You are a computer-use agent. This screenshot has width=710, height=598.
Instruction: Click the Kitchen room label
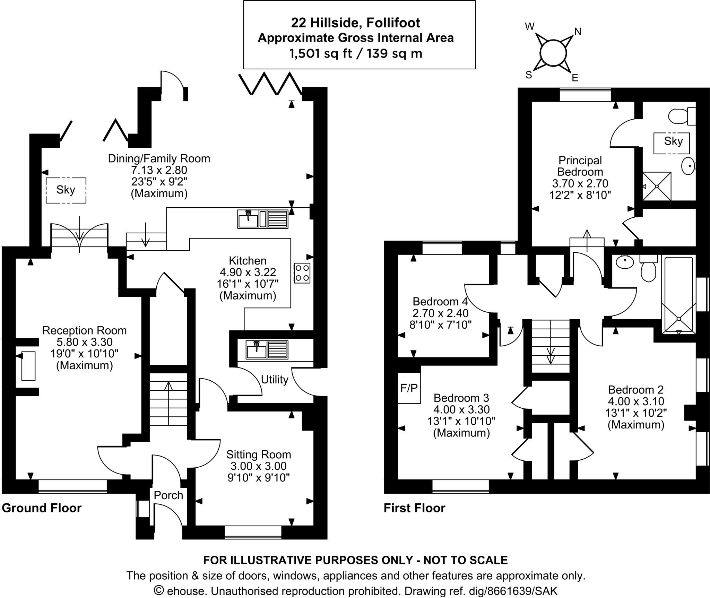click(x=248, y=261)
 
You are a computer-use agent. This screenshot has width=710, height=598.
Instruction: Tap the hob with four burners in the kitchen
click(x=302, y=273)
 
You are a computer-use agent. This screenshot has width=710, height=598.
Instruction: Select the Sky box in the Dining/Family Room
click(x=66, y=190)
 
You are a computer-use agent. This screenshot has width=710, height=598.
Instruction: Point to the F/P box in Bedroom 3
click(x=409, y=388)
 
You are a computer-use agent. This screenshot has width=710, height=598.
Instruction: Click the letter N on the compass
click(x=578, y=32)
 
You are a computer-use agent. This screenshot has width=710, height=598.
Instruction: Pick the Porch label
click(x=168, y=495)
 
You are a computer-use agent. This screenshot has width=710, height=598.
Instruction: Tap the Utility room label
click(x=275, y=380)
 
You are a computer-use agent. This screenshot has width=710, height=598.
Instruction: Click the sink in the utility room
click(x=257, y=349)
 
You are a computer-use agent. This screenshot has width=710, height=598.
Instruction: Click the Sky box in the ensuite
click(x=673, y=141)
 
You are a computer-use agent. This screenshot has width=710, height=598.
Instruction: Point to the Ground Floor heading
click(x=42, y=508)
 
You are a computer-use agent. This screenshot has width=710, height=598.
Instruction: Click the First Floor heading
click(x=414, y=508)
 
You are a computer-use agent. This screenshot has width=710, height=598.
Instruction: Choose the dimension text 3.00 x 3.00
click(x=258, y=466)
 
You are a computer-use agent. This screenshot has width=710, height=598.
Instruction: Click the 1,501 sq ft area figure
click(x=321, y=54)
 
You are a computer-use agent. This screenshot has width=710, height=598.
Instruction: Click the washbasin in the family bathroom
click(x=624, y=262)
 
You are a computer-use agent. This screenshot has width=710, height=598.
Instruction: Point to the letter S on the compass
click(x=529, y=75)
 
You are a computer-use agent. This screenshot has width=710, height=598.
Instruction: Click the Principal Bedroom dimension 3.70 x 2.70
click(x=580, y=183)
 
